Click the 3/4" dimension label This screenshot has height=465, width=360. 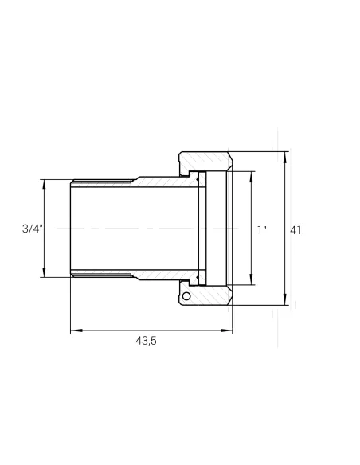33,229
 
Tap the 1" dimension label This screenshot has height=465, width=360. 262,230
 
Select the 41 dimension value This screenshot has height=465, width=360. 295,230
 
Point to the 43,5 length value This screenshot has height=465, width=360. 146,341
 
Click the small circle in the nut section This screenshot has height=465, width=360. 186,295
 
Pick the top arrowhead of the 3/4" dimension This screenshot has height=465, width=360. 44,185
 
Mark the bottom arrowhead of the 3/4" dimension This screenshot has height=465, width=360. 44,272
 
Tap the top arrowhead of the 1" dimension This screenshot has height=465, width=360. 251,177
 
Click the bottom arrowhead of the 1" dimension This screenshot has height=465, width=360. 251,280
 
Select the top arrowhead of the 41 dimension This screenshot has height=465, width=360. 285,157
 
